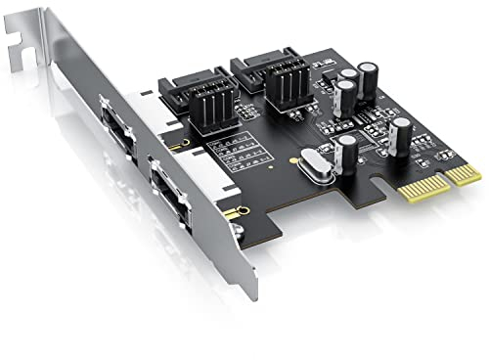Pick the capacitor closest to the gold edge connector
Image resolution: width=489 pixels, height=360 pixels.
pos(401,135)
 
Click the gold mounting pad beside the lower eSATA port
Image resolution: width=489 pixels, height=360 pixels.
pos(231,210)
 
